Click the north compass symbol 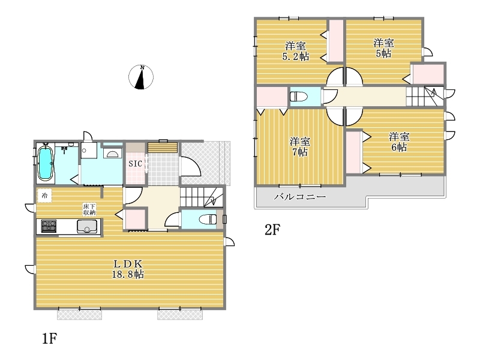(x=141, y=77)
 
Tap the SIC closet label (x=136, y=164)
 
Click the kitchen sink (x=87, y=227)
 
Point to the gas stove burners (x=49, y=227)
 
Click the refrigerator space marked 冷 (x=44, y=196)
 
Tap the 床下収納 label (x=89, y=209)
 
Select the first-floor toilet (x=208, y=219)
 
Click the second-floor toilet (x=298, y=97)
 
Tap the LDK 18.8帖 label (x=128, y=269)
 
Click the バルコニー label (x=300, y=197)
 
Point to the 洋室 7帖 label (x=300, y=146)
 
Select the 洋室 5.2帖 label (x=295, y=52)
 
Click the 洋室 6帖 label (x=399, y=142)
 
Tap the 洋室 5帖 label (x=383, y=48)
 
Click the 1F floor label (x=49, y=338)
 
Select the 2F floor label (x=272, y=230)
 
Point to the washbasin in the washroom (x=112, y=153)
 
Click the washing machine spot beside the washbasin (x=89, y=151)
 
